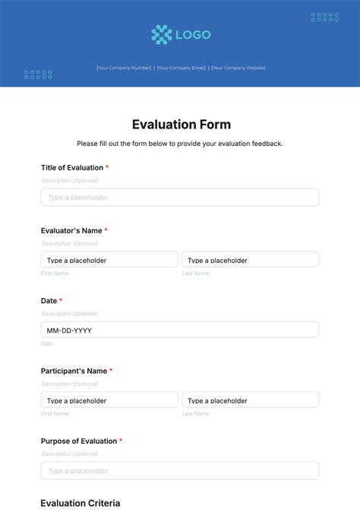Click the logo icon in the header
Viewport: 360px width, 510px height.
(161, 34)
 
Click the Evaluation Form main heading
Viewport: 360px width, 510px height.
(181, 125)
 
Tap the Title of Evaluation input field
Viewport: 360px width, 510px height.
(180, 198)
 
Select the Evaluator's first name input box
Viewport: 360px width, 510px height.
(109, 260)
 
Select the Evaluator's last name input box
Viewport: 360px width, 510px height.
(250, 260)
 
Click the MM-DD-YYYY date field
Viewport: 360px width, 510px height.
(180, 330)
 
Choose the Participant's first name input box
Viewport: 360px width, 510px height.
(109, 400)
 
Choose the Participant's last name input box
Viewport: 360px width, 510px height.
(250, 400)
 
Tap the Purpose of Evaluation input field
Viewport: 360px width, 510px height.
(180, 470)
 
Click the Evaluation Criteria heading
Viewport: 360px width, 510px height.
(81, 503)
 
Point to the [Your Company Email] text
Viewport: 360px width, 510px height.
(182, 68)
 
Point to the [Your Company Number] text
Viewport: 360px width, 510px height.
(124, 68)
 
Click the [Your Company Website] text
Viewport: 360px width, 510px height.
(238, 68)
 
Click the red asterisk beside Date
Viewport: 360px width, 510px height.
(61, 301)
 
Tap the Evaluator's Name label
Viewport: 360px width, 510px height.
(71, 230)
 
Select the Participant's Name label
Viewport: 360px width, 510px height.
(73, 371)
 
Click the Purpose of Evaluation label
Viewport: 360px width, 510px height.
(78, 441)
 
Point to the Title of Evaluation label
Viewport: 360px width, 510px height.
(71, 168)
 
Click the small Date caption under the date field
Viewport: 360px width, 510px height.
(47, 344)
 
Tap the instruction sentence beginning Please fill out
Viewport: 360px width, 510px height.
(180, 144)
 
